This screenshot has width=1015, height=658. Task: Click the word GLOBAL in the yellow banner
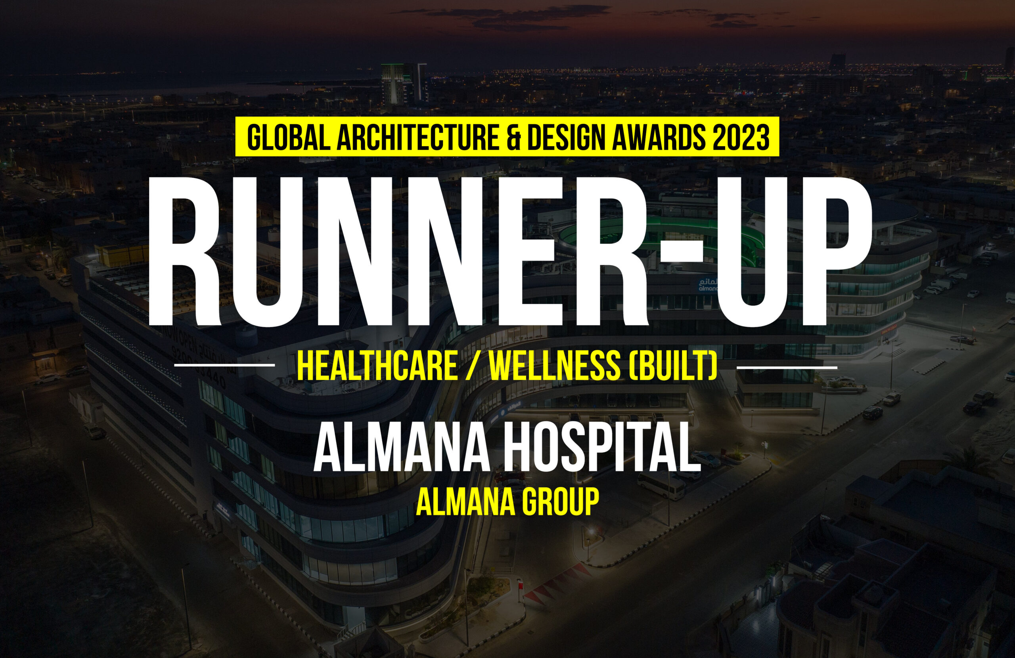288,137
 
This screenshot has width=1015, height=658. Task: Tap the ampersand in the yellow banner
513,137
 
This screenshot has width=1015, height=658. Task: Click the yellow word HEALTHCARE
377,366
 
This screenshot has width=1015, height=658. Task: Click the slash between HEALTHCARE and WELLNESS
474,366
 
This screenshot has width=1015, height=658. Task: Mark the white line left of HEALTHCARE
224,365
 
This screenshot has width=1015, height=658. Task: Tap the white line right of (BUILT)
787,367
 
